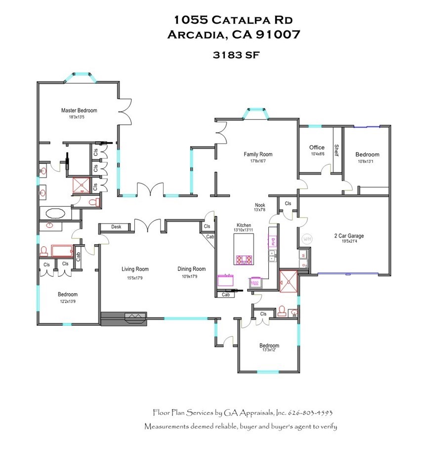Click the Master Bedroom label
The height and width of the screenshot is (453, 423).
[x=79, y=111]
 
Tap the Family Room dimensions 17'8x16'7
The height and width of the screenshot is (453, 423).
[x=258, y=161]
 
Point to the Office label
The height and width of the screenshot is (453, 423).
[x=317, y=148]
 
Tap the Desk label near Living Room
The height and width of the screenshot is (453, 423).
[x=116, y=227]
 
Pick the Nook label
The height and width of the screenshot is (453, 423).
[x=260, y=205]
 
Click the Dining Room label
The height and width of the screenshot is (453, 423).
[x=191, y=269]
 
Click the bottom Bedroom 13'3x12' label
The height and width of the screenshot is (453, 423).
[x=269, y=345]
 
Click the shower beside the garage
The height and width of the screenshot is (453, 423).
[x=288, y=281]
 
